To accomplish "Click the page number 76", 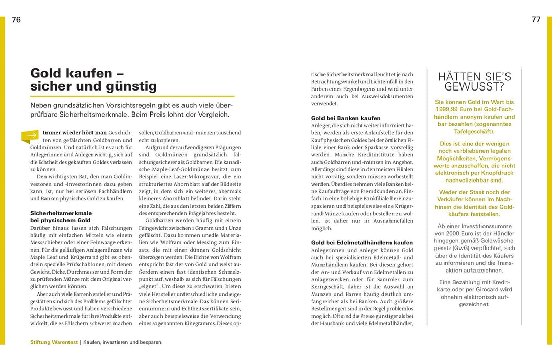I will point(16,20).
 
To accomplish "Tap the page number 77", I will point(536,20).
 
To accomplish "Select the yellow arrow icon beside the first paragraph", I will point(30,136).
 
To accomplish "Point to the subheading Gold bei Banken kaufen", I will point(346,118).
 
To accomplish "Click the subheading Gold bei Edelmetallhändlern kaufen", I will point(362,242).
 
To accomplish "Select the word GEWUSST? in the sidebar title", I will point(474,86).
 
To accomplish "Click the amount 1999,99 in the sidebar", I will point(447,109).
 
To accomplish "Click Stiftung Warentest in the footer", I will point(53,342).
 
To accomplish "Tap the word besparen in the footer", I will point(149,342).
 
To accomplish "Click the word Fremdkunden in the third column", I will point(385,190).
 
